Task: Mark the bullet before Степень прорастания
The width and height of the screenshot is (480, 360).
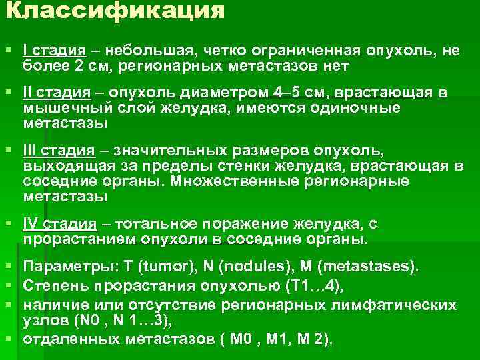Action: [7, 287]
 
